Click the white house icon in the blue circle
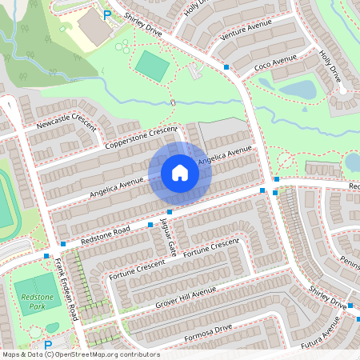pos(179,173)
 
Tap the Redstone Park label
pos(30,301)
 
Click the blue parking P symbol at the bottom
pos(47,346)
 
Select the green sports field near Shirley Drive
pos(152,66)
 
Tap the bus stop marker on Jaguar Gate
pos(169,211)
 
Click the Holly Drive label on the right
pos(330,68)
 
